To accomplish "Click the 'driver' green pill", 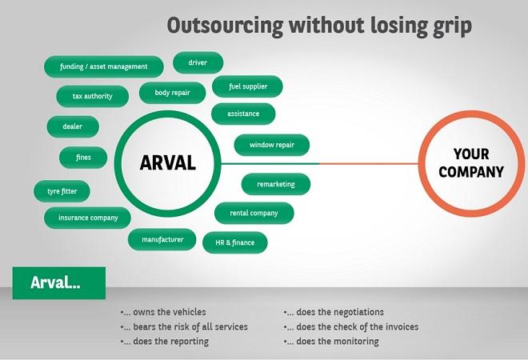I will coord(198,62).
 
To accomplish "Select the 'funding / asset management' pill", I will coord(104,66).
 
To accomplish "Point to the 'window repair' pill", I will coord(273,146).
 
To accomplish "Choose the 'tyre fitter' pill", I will coord(62,192).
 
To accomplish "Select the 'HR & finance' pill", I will coord(235,242).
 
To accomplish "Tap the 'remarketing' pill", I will coord(276,184).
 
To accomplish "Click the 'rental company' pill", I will coord(254,213).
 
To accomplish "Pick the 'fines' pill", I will coord(83,158).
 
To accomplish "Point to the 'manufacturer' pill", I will coord(162,239).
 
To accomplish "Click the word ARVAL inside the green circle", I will coord(167,163).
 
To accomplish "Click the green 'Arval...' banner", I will coord(58,283).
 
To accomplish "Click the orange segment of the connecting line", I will coord(368,164).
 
